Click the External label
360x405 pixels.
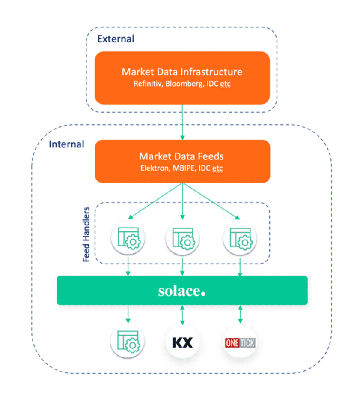116,39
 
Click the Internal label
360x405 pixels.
66,144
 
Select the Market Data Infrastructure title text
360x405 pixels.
182,72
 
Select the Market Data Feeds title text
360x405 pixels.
182,156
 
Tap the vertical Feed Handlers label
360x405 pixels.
86,234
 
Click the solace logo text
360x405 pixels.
182,291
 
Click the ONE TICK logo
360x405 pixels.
240,343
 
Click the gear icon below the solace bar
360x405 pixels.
128,342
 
